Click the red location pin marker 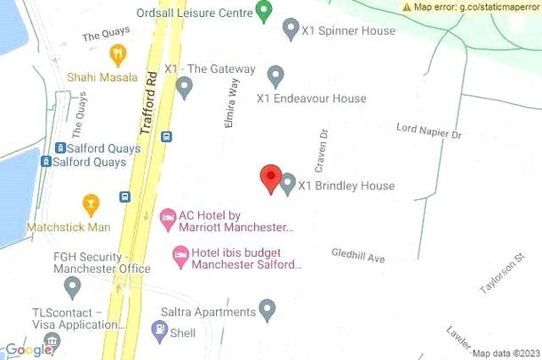coord(271,178)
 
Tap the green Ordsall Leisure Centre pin coord(263,12)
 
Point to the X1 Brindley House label coord(346,186)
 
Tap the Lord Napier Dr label coord(429,132)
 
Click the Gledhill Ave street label coord(358,256)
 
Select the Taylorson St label coord(499,280)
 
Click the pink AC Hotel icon coord(167,217)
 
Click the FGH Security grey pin coord(73,287)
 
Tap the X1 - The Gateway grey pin coord(185,87)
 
